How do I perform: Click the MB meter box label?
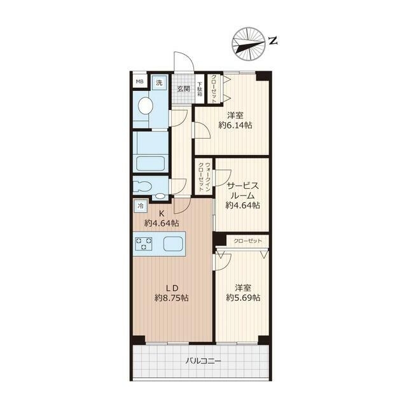point(140,81)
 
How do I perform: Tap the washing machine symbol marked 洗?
point(159,83)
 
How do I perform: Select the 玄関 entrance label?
point(184,89)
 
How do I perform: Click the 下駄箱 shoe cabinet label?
point(200,89)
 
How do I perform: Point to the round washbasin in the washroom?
point(146,106)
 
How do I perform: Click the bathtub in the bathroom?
point(150,163)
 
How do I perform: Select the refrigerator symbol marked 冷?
point(141,206)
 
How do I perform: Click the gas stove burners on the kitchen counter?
point(144,244)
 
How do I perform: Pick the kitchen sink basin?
point(172,244)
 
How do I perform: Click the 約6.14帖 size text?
point(235,125)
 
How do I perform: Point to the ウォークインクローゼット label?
point(204,177)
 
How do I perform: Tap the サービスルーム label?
point(243,191)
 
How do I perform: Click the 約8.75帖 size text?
point(172,298)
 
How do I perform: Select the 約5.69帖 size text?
point(243,298)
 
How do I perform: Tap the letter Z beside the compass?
point(273,41)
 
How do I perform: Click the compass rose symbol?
point(249,44)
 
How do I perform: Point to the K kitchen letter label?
point(162,214)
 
